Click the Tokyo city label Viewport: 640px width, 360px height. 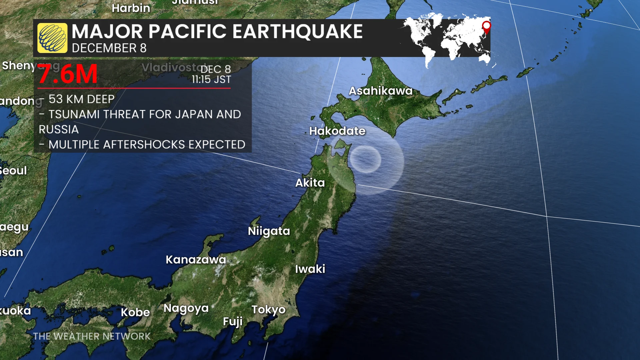[268, 310]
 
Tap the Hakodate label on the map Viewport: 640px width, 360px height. [337, 131]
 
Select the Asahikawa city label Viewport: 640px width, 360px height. [380, 91]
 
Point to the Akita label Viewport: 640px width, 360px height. [310, 183]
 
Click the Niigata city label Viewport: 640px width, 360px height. [269, 231]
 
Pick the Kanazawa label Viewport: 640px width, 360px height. [196, 260]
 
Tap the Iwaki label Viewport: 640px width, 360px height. [310, 269]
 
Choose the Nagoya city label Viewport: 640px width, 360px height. [186, 308]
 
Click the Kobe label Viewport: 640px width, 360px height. [135, 312]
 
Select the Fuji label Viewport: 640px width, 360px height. [233, 322]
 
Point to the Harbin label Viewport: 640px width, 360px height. [131, 8]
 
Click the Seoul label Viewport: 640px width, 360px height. [13, 171]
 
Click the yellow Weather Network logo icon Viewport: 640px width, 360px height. [52, 38]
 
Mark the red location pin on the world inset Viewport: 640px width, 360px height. [486, 26]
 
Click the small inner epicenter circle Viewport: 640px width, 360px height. [365, 159]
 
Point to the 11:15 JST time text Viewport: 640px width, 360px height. [211, 80]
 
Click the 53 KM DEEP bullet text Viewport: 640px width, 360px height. [81, 99]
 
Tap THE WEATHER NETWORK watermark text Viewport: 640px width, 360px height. [92, 336]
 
